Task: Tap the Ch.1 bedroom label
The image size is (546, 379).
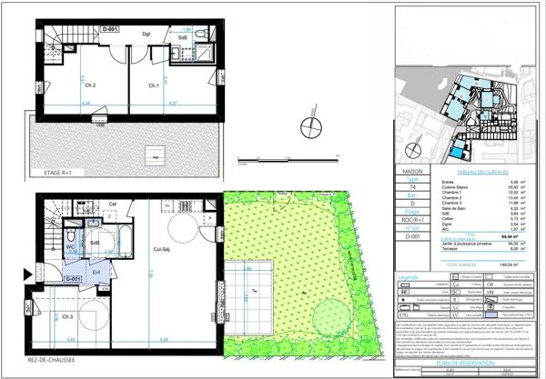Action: pyautogui.click(x=155, y=86)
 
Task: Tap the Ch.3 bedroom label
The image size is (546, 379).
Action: pyautogui.click(x=68, y=316)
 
